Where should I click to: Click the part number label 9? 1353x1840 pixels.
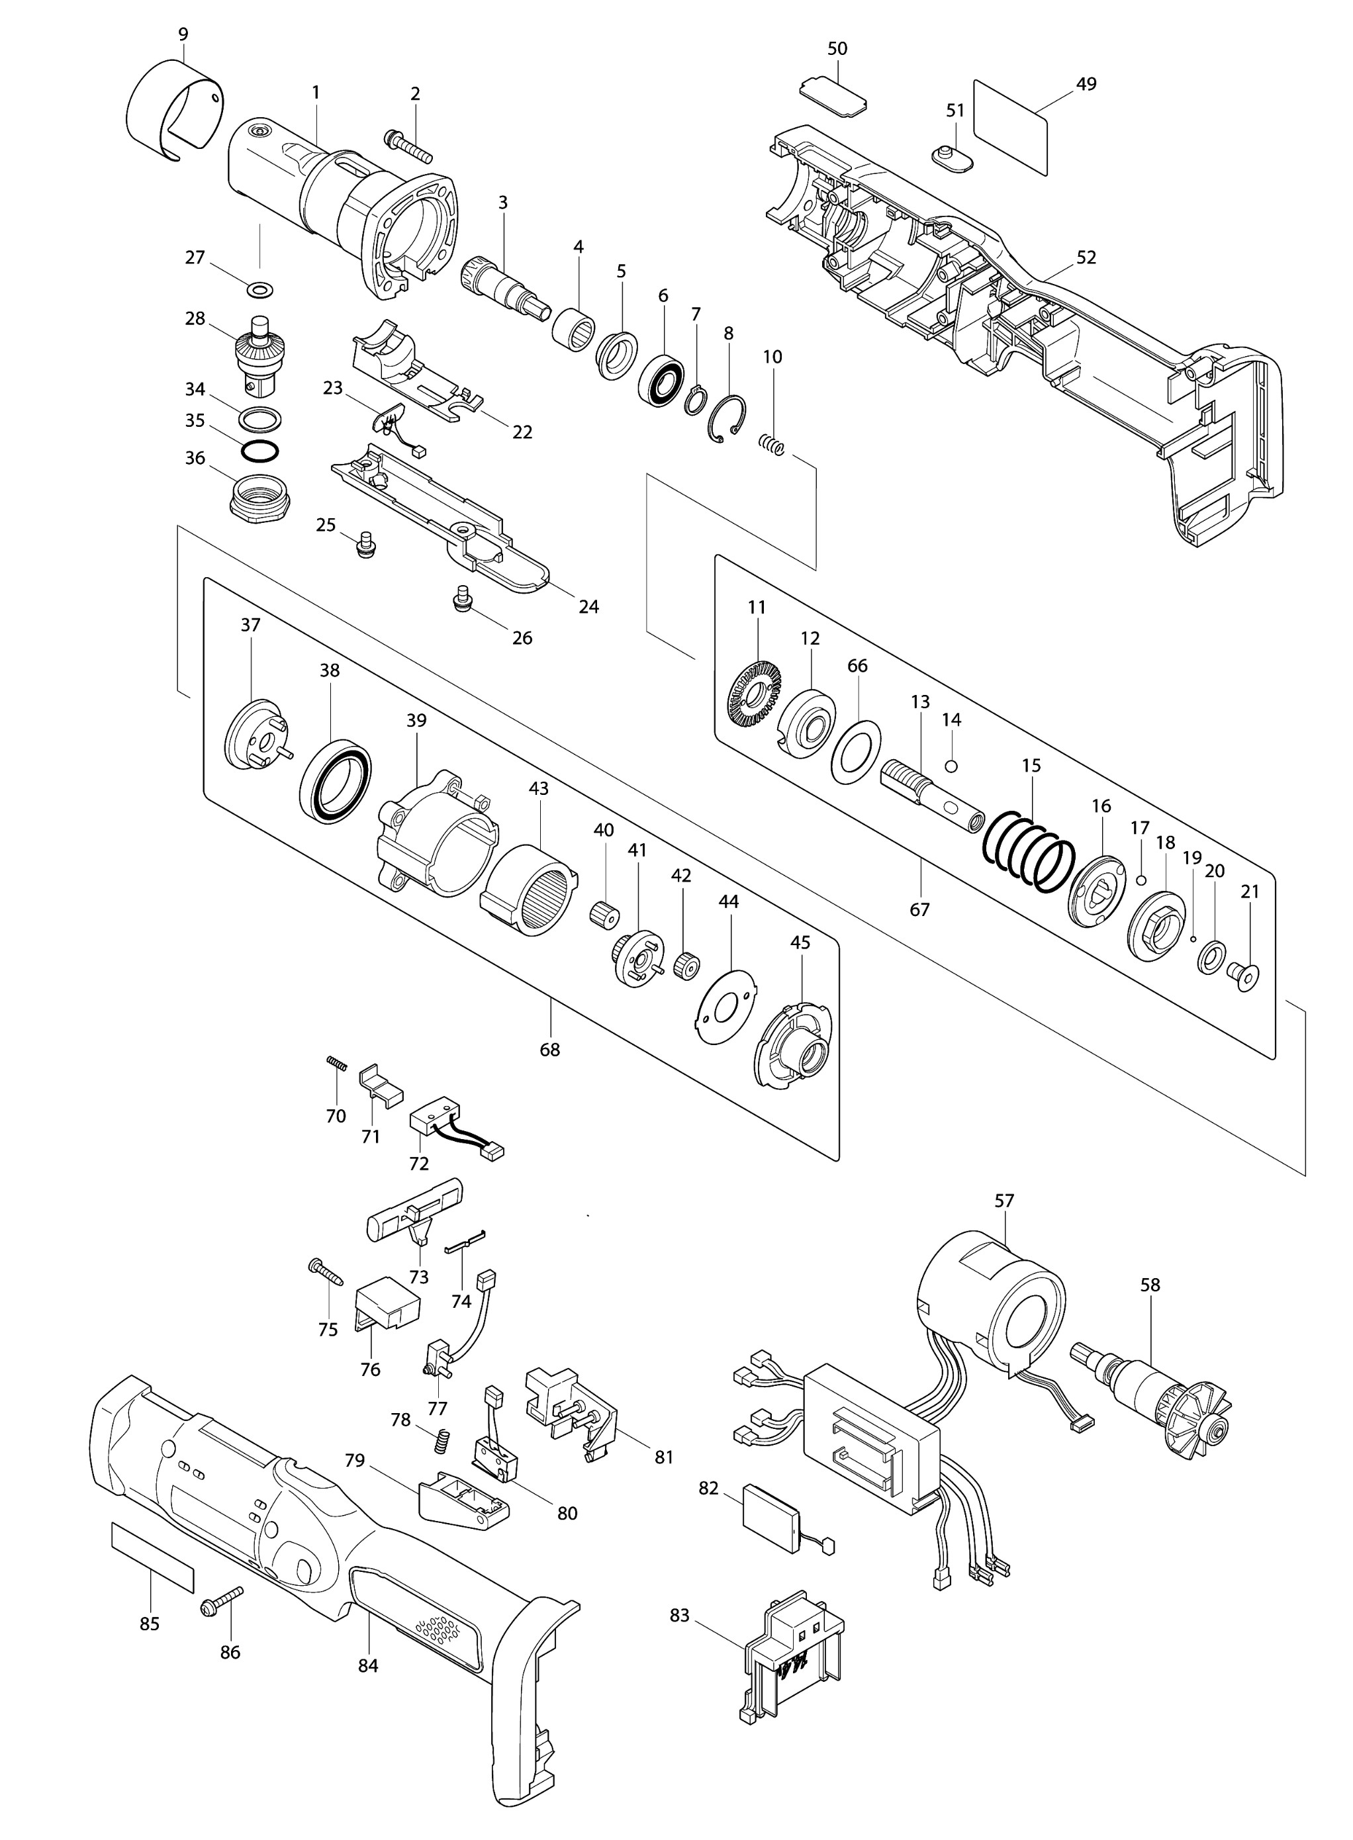click(183, 34)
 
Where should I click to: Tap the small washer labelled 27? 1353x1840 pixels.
click(260, 289)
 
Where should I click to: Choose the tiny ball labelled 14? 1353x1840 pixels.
click(951, 766)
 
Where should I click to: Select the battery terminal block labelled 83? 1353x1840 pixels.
click(794, 1655)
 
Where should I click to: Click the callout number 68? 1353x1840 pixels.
click(549, 1050)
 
